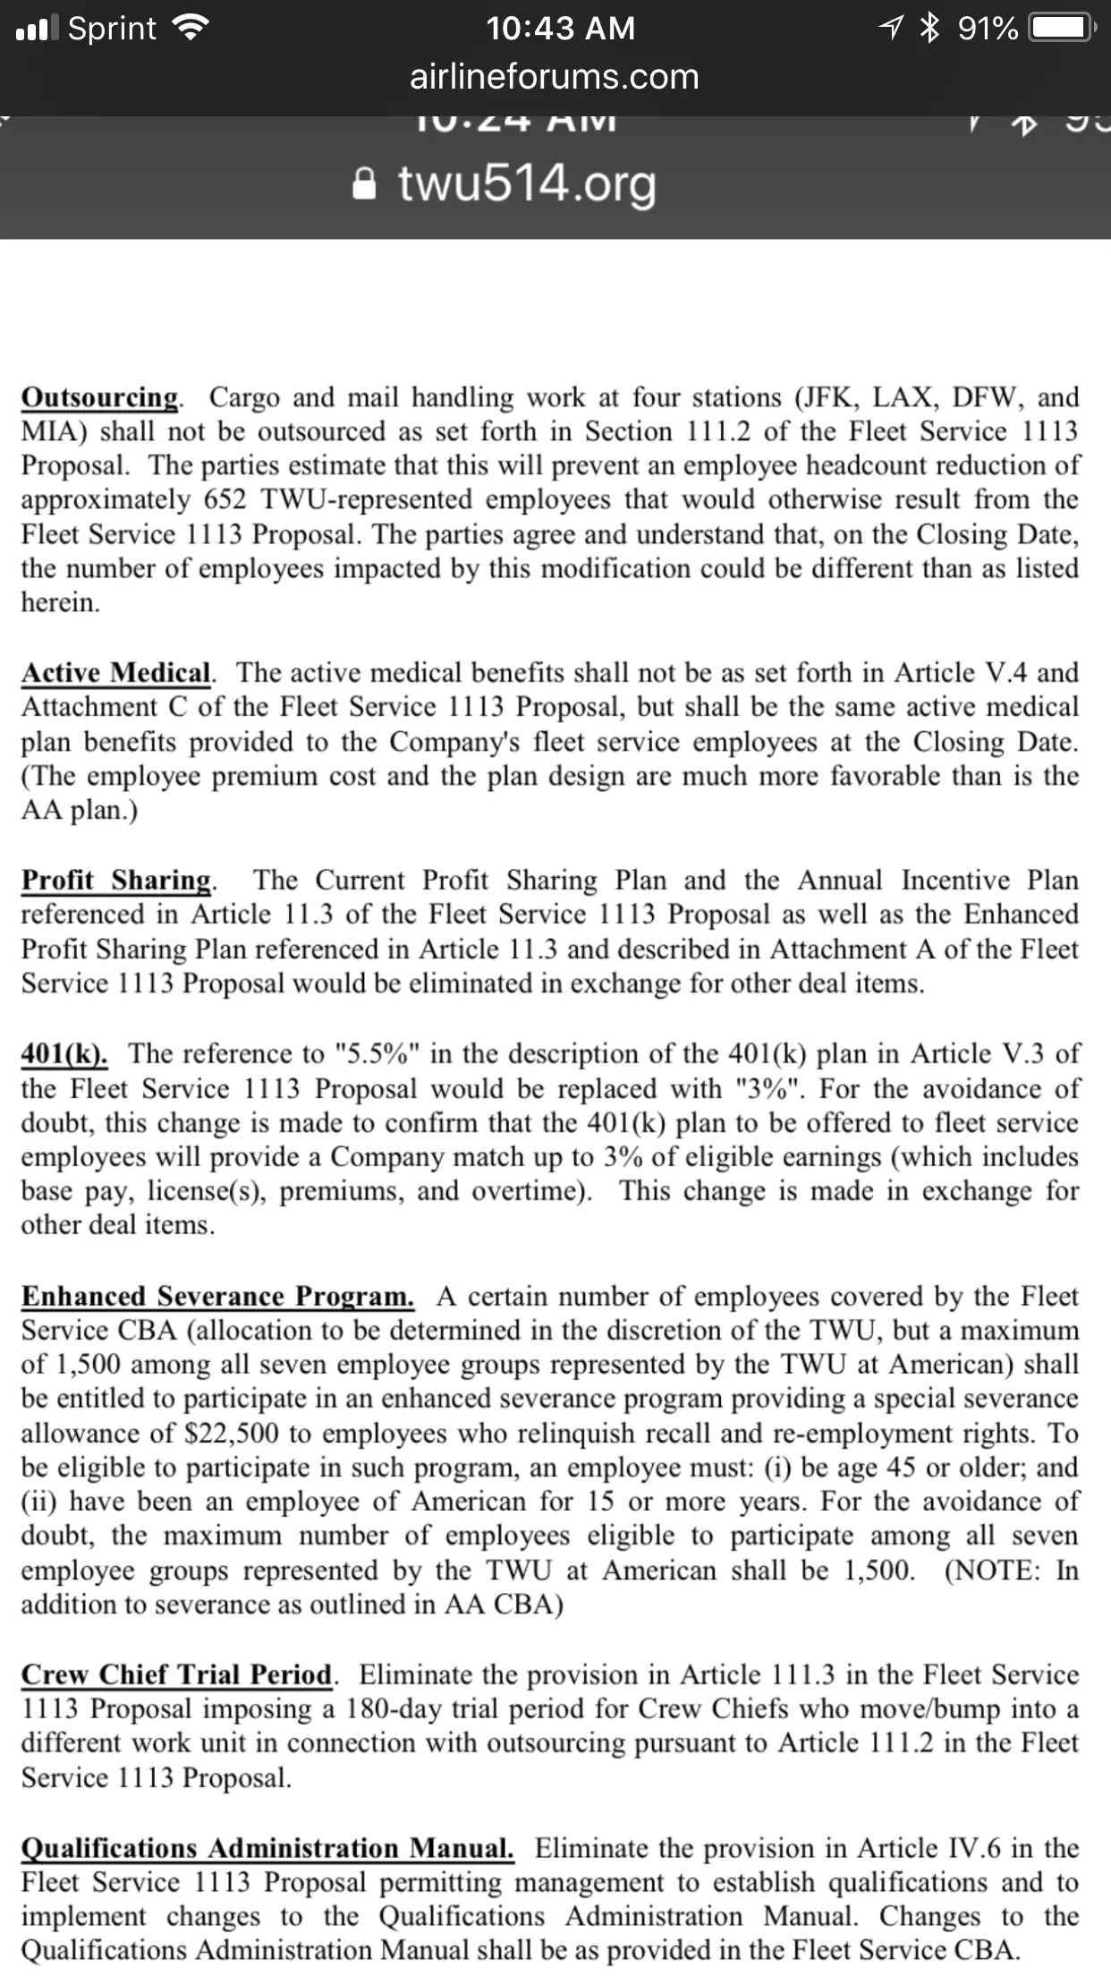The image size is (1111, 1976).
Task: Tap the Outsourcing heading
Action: [100, 396]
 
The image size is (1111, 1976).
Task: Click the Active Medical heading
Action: [116, 672]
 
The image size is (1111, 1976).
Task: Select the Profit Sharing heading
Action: [117, 880]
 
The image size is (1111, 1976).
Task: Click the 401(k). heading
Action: [64, 1053]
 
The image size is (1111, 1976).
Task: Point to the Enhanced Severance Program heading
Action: [217, 1296]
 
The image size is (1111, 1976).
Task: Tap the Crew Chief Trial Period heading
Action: [177, 1674]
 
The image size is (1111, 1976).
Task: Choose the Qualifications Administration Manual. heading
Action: [267, 1848]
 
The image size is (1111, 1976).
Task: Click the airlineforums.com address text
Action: [555, 77]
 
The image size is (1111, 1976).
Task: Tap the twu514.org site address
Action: [527, 183]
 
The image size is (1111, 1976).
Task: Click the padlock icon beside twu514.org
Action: [364, 184]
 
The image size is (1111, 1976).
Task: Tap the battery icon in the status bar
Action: [1061, 28]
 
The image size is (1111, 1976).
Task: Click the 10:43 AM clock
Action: [561, 28]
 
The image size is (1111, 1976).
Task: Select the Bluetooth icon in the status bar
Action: [931, 28]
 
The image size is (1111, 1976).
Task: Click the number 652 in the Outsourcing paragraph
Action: [225, 499]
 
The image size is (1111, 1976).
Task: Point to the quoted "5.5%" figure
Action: [376, 1053]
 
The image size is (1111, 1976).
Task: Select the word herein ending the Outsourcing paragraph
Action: [60, 602]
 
